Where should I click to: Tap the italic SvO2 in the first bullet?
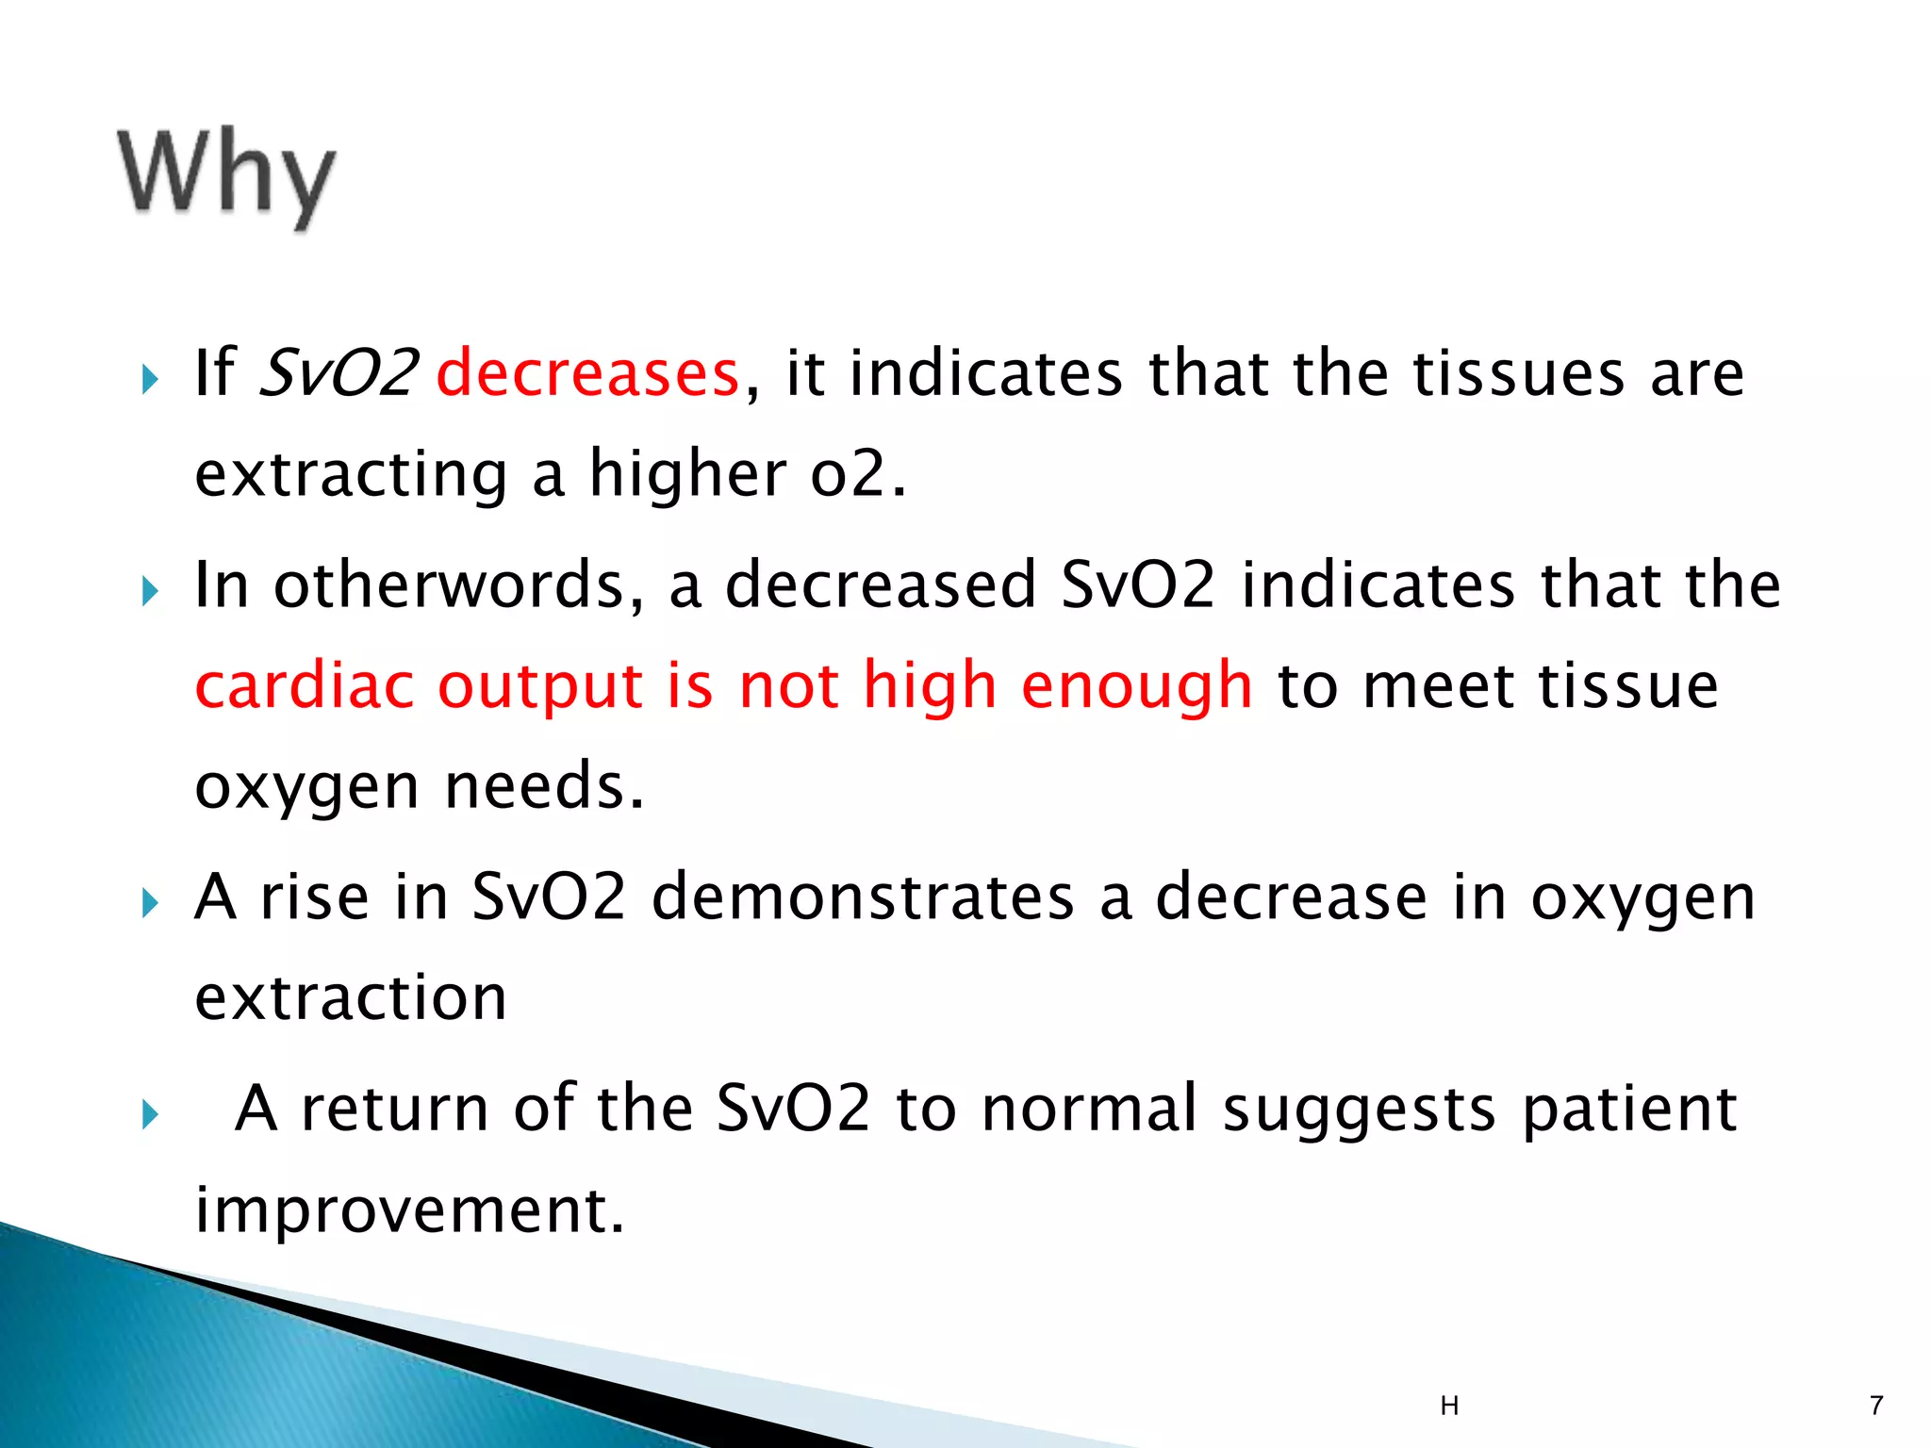click(338, 373)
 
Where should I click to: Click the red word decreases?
click(587, 373)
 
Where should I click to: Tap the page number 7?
click(1875, 1406)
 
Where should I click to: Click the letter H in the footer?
click(1449, 1407)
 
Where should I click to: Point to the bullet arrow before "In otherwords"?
click(150, 593)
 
